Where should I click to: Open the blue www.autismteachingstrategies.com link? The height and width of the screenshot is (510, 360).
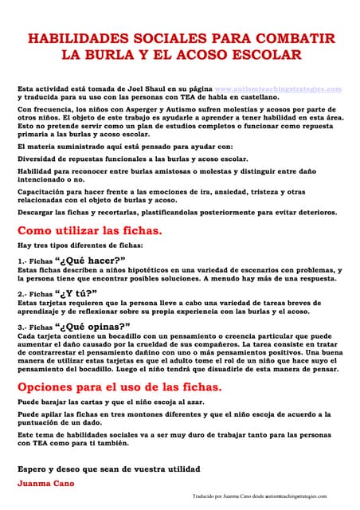coord(278,88)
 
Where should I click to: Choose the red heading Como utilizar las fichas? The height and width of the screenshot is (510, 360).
coord(90,230)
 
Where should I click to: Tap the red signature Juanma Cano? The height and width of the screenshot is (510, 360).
coord(44,483)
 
